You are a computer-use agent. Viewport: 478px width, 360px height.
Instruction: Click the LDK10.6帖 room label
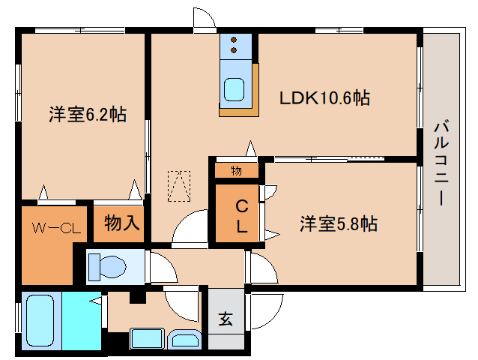324,98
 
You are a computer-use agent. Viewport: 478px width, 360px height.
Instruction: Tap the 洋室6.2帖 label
88,115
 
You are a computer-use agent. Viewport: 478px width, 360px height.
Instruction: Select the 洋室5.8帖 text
339,224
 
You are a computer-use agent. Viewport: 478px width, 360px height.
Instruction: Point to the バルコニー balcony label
441,163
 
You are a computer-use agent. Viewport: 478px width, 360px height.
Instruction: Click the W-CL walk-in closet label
56,228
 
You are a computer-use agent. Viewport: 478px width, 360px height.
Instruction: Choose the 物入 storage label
122,223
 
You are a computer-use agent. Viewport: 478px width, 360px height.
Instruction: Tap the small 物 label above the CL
236,171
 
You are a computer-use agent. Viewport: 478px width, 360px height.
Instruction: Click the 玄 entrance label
226,319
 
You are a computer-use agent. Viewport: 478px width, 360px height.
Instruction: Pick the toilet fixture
107,267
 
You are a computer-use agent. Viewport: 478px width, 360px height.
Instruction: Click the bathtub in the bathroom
40,320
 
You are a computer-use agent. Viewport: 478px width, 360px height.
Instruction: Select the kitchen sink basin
234,89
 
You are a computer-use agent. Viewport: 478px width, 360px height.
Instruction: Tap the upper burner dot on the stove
234,40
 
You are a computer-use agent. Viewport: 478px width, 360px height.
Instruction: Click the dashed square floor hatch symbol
179,186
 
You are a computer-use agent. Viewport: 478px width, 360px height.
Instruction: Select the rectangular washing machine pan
148,338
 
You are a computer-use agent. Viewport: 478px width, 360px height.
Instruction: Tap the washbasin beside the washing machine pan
185,339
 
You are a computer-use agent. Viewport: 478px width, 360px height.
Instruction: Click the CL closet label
242,216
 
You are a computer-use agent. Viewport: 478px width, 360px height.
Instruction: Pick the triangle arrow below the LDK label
250,148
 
